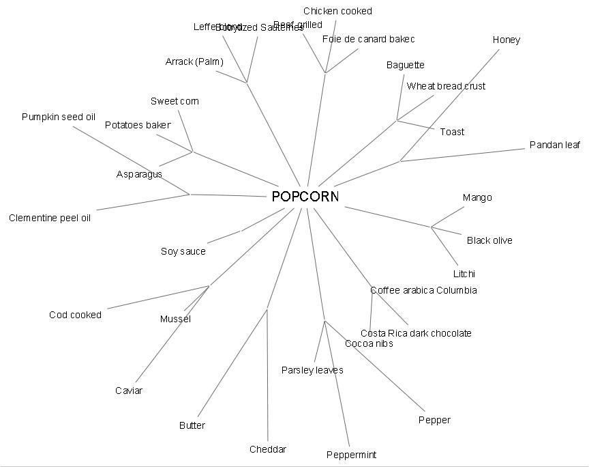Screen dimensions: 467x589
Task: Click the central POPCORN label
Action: [305, 197]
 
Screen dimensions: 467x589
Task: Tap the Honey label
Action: [506, 40]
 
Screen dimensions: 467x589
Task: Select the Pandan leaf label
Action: [555, 145]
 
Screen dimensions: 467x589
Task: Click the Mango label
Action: [477, 197]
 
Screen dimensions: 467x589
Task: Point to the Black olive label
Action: [489, 240]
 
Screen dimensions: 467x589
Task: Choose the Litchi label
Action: [464, 274]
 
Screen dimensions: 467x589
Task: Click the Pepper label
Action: [434, 420]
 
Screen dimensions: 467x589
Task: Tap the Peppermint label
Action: [351, 455]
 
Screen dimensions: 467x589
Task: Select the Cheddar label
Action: [268, 449]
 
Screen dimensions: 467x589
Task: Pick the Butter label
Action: [192, 425]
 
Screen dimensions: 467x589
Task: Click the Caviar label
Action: [129, 391]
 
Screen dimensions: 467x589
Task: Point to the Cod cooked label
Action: [75, 315]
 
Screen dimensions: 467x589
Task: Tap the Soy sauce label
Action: [183, 251]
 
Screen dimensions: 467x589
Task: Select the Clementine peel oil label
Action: [50, 218]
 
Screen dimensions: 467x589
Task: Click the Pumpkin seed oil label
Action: [58, 117]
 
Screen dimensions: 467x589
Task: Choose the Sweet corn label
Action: [175, 101]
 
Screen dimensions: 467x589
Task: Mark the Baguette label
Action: [405, 65]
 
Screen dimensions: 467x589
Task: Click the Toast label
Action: [452, 132]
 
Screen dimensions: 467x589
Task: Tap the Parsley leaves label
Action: [312, 370]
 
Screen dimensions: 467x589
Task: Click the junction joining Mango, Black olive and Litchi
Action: [431, 227]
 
